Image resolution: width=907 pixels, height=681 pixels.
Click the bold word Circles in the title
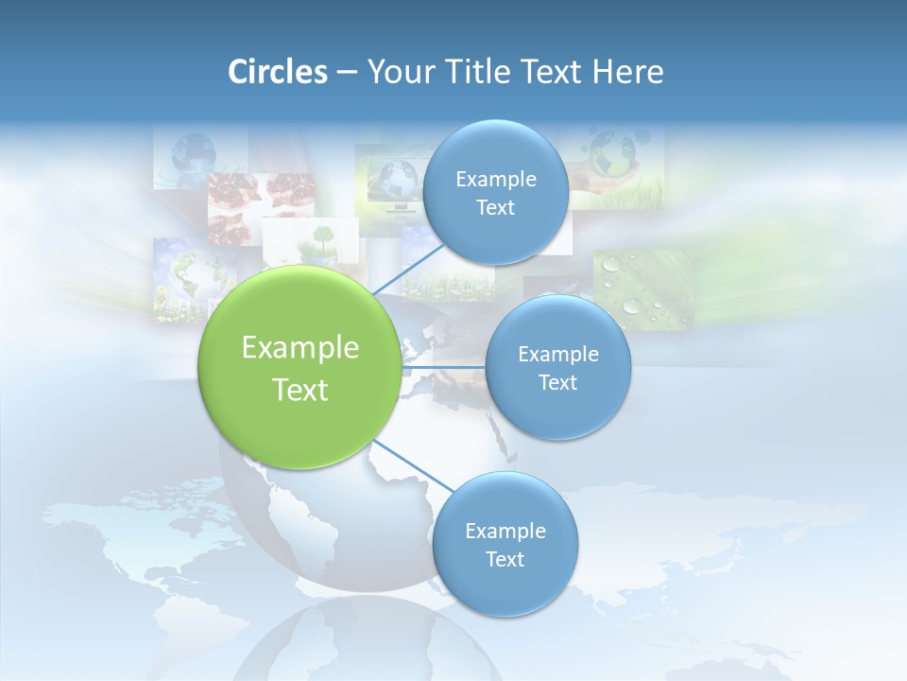tap(277, 72)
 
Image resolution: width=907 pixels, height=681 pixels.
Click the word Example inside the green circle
tap(300, 348)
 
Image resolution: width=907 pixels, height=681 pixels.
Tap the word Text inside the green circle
tap(300, 390)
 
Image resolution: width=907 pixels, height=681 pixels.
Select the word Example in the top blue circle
tap(495, 179)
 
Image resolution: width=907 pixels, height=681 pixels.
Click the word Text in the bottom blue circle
tap(505, 559)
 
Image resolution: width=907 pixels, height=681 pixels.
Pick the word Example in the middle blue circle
tap(557, 354)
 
